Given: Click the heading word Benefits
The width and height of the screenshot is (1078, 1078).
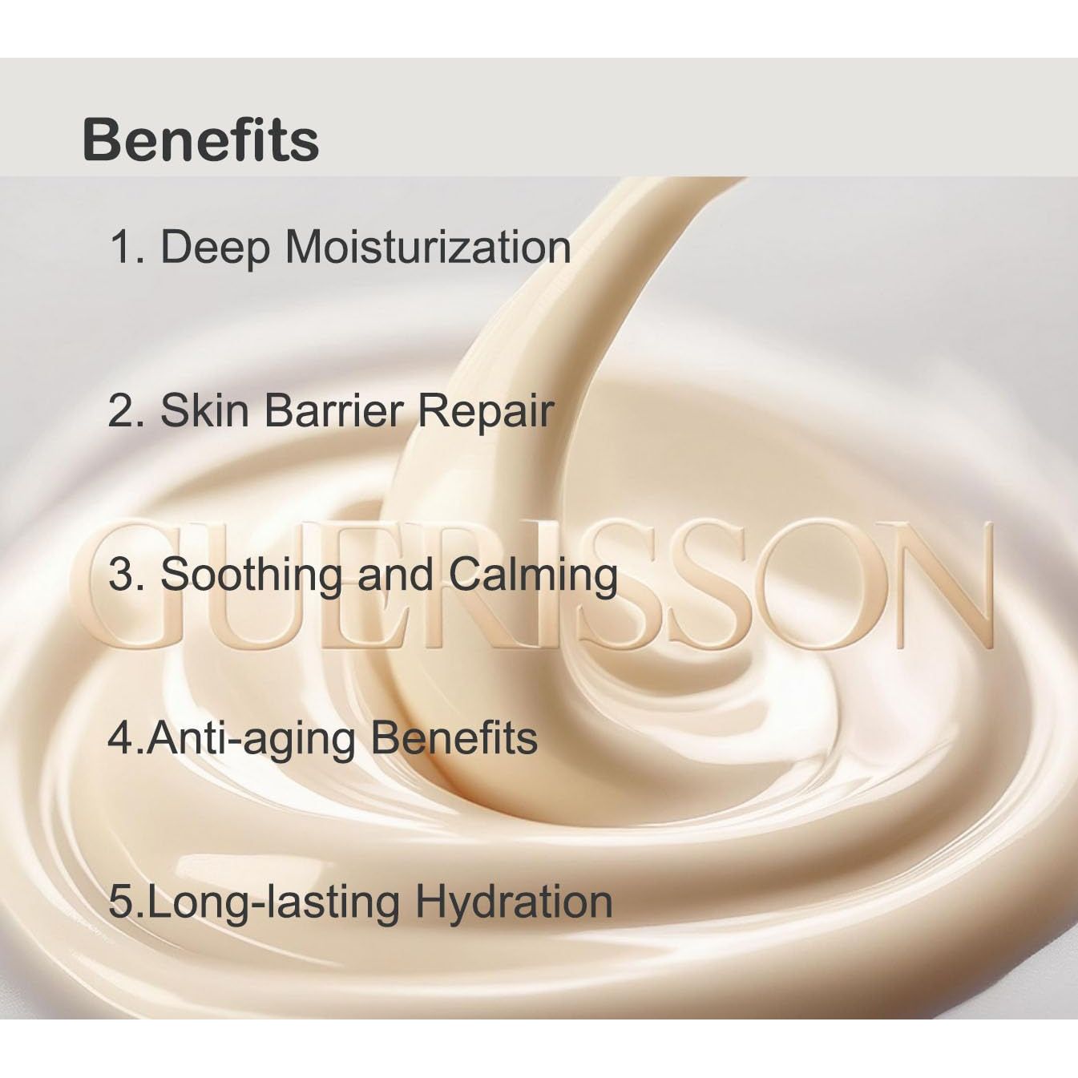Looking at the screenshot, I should click(x=200, y=140).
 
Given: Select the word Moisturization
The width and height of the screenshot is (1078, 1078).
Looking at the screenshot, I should click(x=428, y=246).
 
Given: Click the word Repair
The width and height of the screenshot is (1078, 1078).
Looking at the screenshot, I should click(x=486, y=412).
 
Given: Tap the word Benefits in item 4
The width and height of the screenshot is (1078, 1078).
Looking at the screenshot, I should click(x=454, y=737).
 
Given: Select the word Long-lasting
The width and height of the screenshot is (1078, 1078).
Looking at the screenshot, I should click(x=273, y=902).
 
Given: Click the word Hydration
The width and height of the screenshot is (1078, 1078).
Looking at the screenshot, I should click(x=514, y=902).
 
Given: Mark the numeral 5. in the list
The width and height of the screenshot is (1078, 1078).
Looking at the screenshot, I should click(x=127, y=902).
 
